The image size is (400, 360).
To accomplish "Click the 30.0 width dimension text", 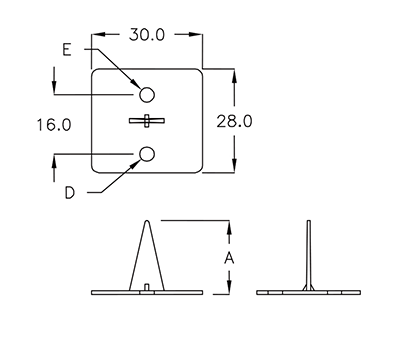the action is coord(147,35).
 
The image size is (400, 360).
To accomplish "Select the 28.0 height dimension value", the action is coord(234,121).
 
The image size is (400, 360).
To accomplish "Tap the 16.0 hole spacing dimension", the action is coord(54,125).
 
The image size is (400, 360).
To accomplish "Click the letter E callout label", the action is coord(67,50).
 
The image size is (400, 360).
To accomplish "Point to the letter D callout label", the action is coord(69,193).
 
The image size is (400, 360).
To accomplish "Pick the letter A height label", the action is coord(229,258).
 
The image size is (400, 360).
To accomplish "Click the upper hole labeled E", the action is coord(147,95).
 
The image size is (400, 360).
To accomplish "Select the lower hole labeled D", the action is coord(147,154).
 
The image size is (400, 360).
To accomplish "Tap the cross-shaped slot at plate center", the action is coord(147,121).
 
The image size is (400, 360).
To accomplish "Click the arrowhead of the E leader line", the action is coord(135,83).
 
